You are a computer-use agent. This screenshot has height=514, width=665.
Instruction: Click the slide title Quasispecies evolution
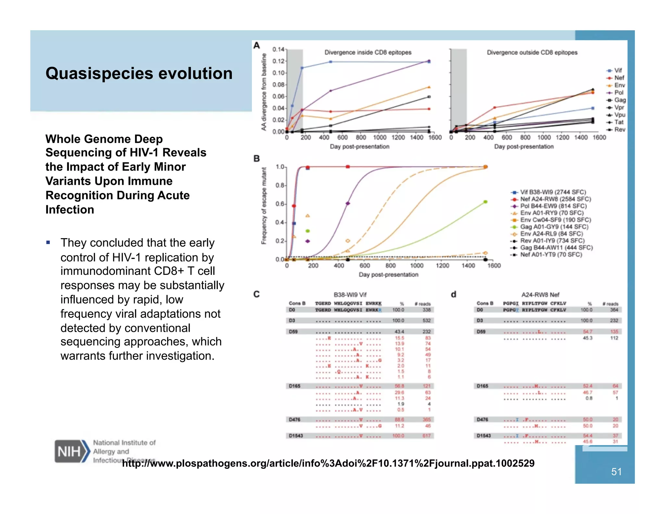tap(139, 73)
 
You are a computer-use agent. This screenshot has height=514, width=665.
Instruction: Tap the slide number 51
tap(616, 472)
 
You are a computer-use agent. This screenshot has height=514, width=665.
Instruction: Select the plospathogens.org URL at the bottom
tap(328, 463)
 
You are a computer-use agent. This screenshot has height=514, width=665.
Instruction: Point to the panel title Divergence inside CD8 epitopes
tap(368, 52)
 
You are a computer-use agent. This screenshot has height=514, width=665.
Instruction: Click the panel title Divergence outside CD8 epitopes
tap(532, 52)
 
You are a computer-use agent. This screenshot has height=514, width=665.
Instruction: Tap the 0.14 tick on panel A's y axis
tap(278, 49)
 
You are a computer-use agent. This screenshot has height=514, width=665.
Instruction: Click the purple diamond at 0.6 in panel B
tap(348, 203)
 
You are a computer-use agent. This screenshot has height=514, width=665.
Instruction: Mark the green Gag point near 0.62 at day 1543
tap(485, 202)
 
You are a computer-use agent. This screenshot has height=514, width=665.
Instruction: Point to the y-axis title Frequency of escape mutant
tap(264, 206)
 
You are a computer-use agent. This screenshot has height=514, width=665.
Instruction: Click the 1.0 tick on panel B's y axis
tap(280, 167)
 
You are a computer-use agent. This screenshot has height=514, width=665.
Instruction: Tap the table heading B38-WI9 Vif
tap(350, 295)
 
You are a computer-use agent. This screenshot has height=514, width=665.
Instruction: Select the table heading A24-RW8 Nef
tap(540, 295)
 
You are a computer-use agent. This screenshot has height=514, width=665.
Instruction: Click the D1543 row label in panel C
tap(296, 436)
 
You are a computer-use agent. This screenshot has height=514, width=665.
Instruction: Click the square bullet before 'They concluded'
tap(48, 242)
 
